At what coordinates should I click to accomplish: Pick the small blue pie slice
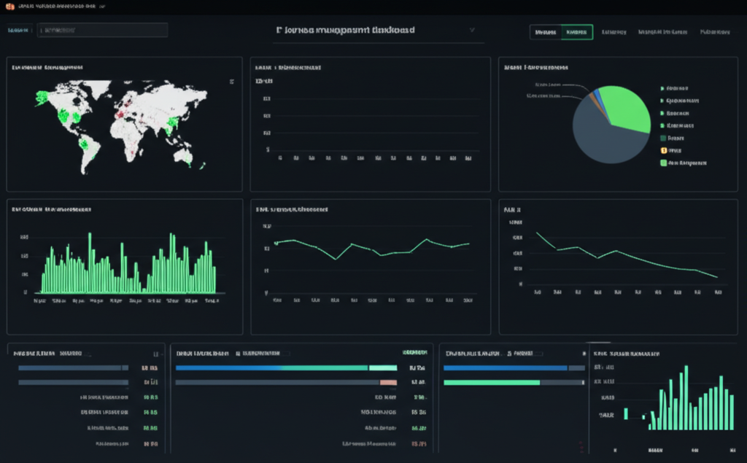pos(598,94)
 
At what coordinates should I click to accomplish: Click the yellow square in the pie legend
pos(663,150)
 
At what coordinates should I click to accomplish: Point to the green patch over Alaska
pos(42,96)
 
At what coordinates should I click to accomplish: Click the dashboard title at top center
pos(346,31)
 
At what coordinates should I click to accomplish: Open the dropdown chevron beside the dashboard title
pos(472,31)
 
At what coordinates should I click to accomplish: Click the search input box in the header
pos(102,30)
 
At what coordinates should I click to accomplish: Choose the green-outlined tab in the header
pos(577,32)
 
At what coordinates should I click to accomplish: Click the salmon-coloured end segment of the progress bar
pos(388,382)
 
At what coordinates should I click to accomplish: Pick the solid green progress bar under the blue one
pos(492,382)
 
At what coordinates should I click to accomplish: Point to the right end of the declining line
pos(716,277)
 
